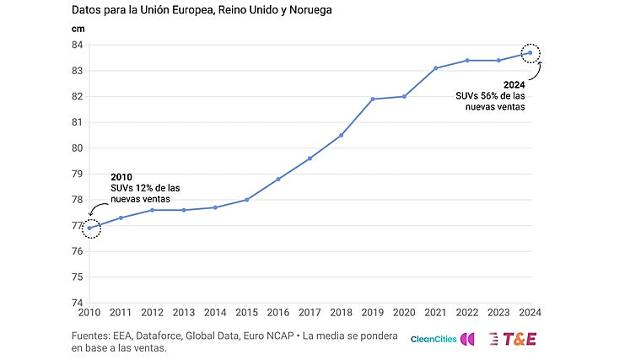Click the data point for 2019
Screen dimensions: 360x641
tap(373, 99)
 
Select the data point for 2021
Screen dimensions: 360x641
tap(435, 68)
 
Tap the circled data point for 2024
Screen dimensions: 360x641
tap(530, 52)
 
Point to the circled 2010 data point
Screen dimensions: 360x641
tap(89, 228)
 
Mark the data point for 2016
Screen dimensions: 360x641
tap(278, 179)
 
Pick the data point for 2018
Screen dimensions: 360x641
tap(341, 135)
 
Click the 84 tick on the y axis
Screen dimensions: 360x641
tap(76, 45)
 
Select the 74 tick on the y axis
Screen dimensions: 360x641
tap(76, 303)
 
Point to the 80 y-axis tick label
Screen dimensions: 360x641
tap(76, 148)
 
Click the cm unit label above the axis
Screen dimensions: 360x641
tap(77, 28)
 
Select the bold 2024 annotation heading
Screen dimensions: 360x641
tap(514, 85)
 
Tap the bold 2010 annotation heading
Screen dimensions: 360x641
tap(121, 176)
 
